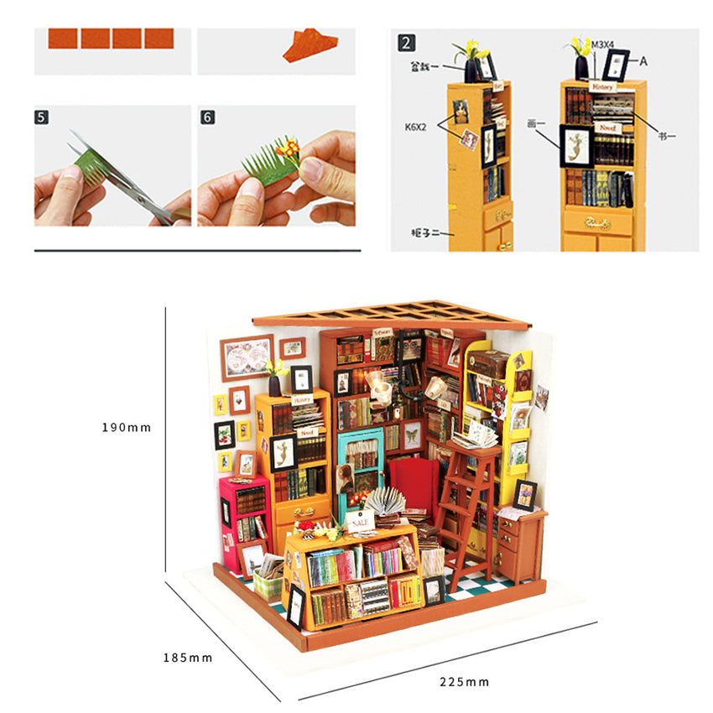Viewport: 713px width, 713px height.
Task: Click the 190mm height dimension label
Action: tap(126, 427)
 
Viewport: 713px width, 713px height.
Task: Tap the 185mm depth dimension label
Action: tap(188, 657)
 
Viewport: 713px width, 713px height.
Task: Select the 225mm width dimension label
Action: tap(464, 681)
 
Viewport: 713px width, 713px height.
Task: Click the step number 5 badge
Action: tap(42, 117)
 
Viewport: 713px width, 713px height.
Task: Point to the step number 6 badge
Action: tap(207, 117)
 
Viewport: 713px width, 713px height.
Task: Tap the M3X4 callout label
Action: tap(602, 44)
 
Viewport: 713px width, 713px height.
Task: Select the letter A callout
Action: tap(644, 60)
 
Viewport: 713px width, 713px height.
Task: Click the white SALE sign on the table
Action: tap(361, 521)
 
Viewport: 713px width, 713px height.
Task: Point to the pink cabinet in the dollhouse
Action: tap(244, 512)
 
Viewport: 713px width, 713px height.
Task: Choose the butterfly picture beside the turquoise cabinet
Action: tap(412, 435)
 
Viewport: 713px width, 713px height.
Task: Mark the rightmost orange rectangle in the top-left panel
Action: tap(159, 39)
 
